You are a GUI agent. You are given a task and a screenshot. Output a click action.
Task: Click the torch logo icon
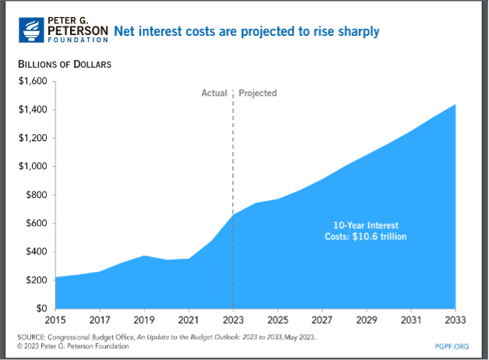(x=31, y=30)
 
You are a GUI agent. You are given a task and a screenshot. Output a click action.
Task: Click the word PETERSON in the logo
(x=78, y=30)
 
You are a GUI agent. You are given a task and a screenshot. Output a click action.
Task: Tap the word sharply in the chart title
(x=359, y=31)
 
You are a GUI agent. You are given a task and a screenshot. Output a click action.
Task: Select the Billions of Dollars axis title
(x=65, y=64)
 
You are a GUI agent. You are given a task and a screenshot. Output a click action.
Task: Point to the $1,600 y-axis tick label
(x=33, y=81)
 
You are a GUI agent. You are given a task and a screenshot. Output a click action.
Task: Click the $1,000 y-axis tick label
(x=33, y=166)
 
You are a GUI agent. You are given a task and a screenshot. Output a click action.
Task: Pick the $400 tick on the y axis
(x=37, y=252)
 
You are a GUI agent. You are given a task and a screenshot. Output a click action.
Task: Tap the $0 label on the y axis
(x=42, y=309)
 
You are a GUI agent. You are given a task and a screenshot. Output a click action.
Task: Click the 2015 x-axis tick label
(x=55, y=320)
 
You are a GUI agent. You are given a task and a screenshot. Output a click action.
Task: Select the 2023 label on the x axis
(x=233, y=320)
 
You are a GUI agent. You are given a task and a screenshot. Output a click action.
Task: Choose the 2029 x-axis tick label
(x=367, y=320)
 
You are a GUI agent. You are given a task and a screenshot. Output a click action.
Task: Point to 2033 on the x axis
(x=456, y=320)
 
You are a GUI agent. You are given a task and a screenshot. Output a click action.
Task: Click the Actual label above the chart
(x=214, y=93)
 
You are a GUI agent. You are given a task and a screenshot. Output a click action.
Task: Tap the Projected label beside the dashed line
(x=258, y=93)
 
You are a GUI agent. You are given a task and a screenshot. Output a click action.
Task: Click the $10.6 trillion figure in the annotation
(x=379, y=236)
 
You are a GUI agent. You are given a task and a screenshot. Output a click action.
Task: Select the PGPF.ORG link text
(x=452, y=346)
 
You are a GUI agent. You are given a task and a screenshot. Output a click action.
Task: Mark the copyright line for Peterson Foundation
(x=73, y=346)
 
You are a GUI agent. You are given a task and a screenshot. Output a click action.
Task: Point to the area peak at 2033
(x=456, y=104)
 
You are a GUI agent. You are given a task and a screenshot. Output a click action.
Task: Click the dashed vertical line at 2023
(x=233, y=199)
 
